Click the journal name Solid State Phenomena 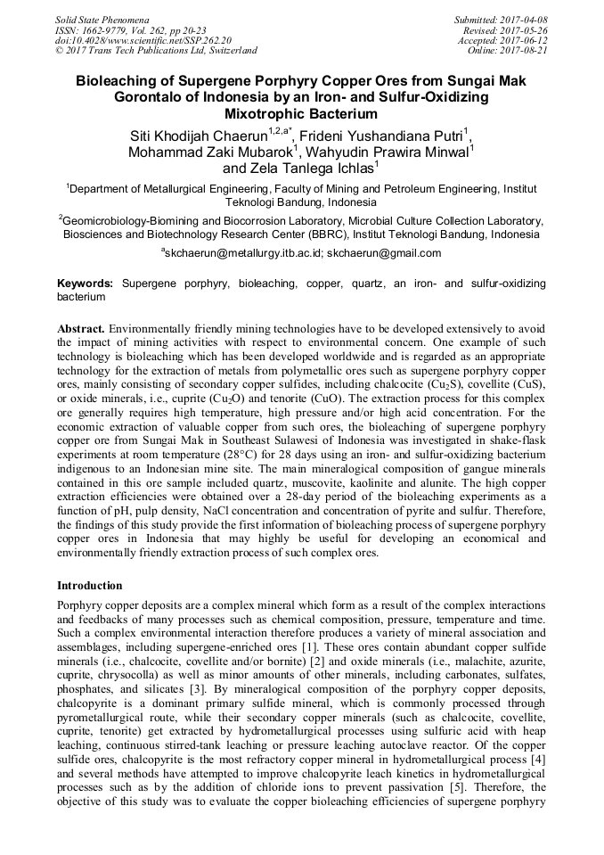point(102,19)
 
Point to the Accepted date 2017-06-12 point(526,40)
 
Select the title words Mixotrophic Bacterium point(301,114)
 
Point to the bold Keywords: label point(86,283)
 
